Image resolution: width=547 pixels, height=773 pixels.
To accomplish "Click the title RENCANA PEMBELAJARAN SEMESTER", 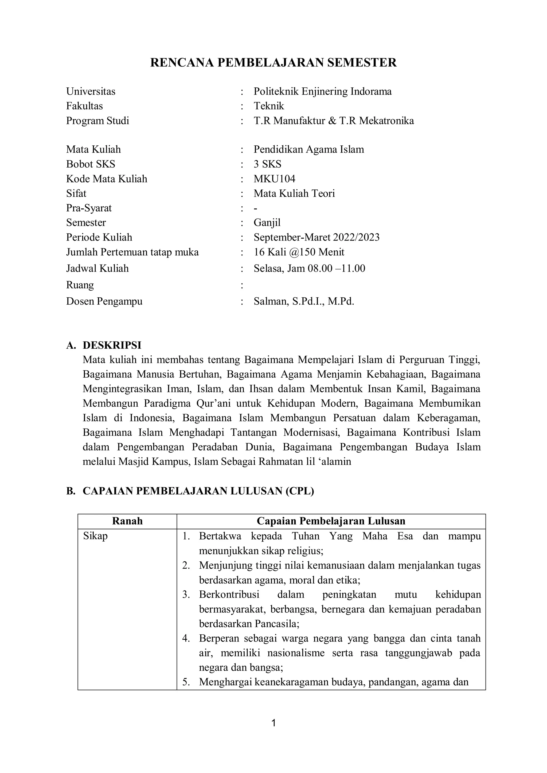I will point(273,63).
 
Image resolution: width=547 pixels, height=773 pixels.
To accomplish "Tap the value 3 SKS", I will point(267,164).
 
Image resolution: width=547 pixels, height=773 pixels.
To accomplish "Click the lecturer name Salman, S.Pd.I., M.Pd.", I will point(304,301).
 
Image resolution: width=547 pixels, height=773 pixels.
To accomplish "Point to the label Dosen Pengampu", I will point(104,301).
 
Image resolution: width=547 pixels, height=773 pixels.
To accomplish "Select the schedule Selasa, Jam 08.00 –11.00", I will point(309,268).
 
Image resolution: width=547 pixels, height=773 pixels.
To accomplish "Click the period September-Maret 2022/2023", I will point(316,237).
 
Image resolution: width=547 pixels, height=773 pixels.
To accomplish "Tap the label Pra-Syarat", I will point(89,208).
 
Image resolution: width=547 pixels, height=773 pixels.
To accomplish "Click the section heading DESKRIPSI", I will point(112,345).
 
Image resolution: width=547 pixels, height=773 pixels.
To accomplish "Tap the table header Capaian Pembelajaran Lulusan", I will point(331,521).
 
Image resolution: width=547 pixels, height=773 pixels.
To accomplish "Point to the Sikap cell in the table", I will point(95,536).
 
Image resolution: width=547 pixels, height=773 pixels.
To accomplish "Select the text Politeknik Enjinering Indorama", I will point(322,91).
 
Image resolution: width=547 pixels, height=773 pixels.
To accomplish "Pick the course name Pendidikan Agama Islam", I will point(308,149).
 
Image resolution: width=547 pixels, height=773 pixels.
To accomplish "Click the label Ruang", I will point(80,285).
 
